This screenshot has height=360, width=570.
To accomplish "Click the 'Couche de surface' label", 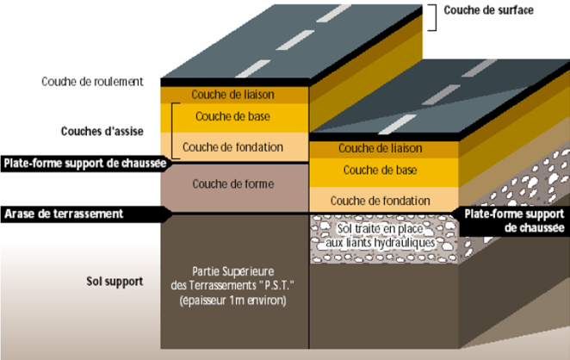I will coord(488,10).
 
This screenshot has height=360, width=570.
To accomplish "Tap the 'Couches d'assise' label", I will coord(102,131).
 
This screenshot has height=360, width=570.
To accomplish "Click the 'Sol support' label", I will coord(112,281).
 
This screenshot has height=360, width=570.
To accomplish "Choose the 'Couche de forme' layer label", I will coord(232,183).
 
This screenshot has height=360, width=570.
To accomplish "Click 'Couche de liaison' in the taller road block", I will coord(233,94).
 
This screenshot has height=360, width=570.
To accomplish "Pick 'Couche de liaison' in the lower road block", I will coord(380,149).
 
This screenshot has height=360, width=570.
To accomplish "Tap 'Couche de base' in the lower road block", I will coord(380,171).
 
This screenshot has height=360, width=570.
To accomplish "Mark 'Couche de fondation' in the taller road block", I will coord(232,146).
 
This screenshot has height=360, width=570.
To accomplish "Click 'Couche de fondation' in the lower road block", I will coord(380,201).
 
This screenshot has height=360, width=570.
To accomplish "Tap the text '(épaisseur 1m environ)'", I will coord(232,301).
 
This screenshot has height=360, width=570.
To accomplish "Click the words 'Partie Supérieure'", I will coord(232,270).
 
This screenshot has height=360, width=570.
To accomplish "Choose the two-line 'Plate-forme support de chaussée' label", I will coord(514,220).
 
